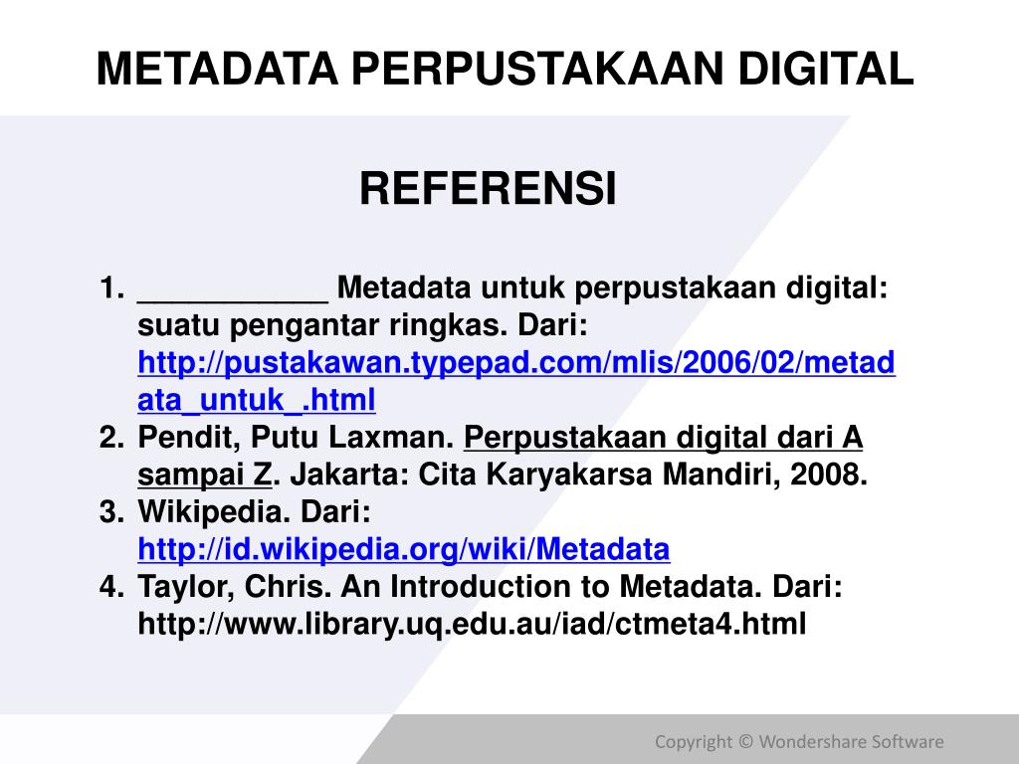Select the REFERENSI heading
pyautogui.click(x=488, y=188)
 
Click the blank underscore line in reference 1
pyautogui.click(x=233, y=290)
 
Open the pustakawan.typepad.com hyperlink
pyautogui.click(x=516, y=364)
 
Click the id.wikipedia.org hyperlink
pyautogui.click(x=404, y=549)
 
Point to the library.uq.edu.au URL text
pyautogui.click(x=471, y=624)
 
